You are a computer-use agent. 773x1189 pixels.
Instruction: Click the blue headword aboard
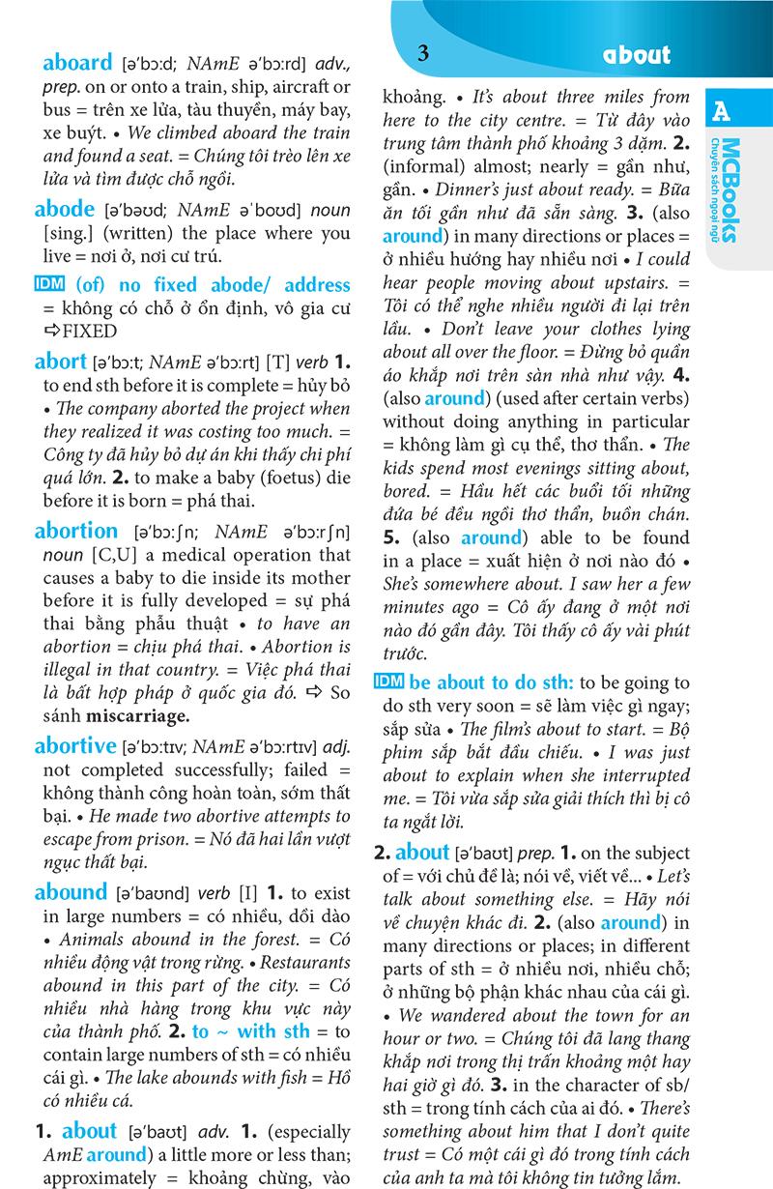(x=77, y=64)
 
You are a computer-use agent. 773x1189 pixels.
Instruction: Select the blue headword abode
(x=65, y=209)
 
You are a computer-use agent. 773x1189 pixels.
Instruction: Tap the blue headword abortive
(x=74, y=745)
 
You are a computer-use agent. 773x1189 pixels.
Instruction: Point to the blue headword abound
(x=71, y=892)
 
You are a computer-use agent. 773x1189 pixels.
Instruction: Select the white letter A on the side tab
(x=721, y=112)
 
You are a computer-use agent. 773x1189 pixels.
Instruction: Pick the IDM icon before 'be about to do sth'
(x=387, y=681)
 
